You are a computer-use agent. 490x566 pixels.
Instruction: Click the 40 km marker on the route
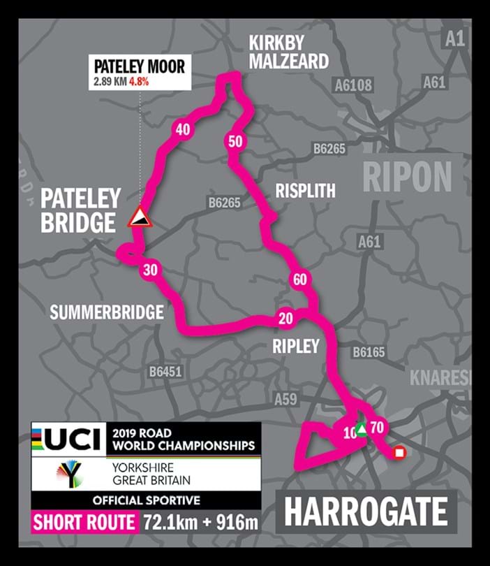[183, 130]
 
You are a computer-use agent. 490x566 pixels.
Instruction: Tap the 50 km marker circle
[235, 141]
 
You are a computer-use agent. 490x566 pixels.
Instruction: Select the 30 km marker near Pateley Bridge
[150, 270]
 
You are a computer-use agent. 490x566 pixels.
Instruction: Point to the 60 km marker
[300, 280]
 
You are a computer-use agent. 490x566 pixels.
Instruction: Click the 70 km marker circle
[378, 428]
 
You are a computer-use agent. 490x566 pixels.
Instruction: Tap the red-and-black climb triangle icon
[140, 217]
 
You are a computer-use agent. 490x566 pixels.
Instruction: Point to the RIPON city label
[407, 177]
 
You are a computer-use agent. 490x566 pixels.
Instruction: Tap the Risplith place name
[305, 191]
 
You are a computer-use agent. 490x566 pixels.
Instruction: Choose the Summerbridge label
[106, 312]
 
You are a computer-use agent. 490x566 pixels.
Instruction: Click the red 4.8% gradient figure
[138, 82]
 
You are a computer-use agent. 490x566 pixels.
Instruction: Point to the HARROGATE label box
[366, 511]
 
